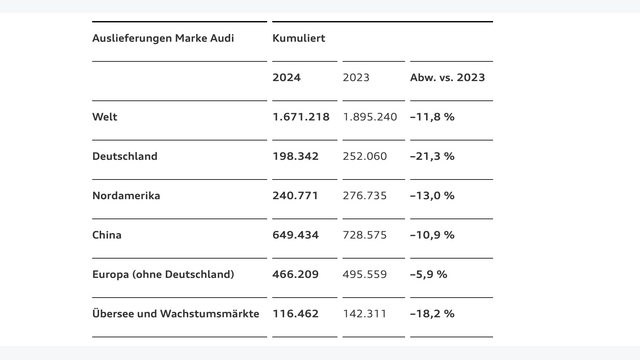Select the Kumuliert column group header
pyautogui.click(x=298, y=38)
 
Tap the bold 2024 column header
pyautogui.click(x=286, y=77)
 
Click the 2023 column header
pyautogui.click(x=356, y=77)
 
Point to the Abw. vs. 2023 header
pyautogui.click(x=447, y=77)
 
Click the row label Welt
pyautogui.click(x=104, y=117)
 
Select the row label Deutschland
pyautogui.click(x=124, y=156)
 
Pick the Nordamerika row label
pyautogui.click(x=125, y=196)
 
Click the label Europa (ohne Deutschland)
pyautogui.click(x=163, y=274)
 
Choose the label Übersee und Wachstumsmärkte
pyautogui.click(x=175, y=313)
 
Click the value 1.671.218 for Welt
pyautogui.click(x=301, y=117)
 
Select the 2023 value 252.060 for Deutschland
pyautogui.click(x=365, y=156)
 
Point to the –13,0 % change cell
pyautogui.click(x=432, y=196)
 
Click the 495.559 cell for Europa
pyautogui.click(x=365, y=274)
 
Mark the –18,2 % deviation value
pyautogui.click(x=432, y=313)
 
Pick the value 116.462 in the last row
pyautogui.click(x=296, y=313)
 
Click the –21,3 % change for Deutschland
pyautogui.click(x=432, y=156)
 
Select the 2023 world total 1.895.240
pyautogui.click(x=370, y=117)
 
